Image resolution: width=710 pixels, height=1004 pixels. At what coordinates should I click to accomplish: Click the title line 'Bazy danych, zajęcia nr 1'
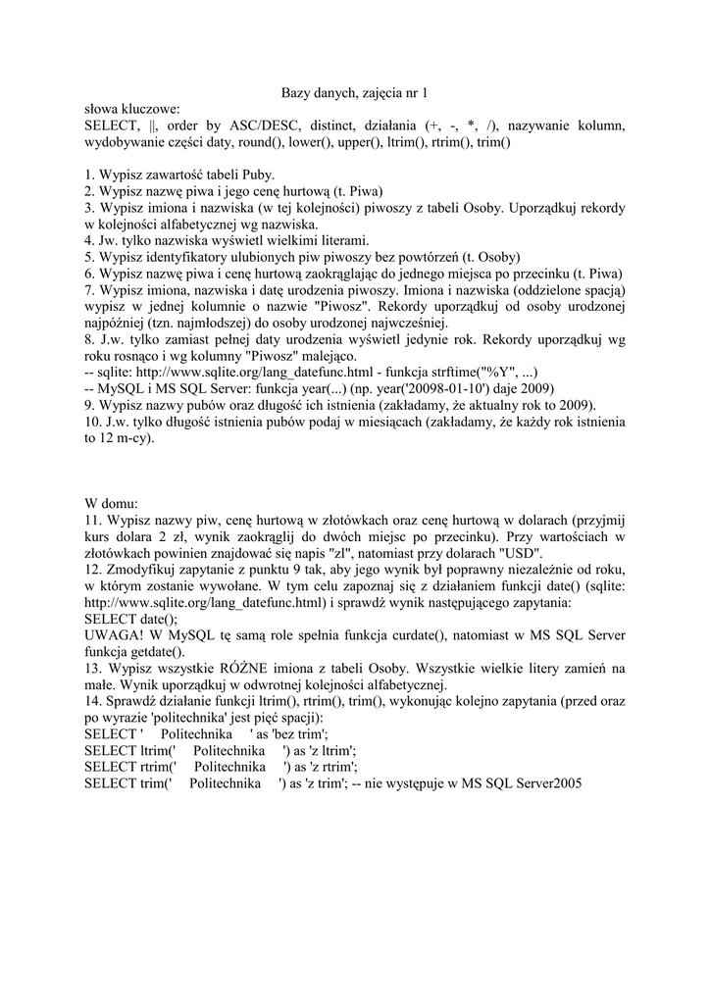355,92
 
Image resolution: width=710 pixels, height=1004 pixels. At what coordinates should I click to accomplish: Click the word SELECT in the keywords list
112,126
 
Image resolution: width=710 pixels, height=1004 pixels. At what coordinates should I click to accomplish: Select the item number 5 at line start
89,258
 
